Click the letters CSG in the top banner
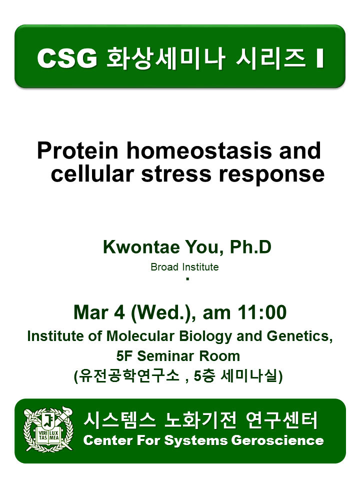click(67, 58)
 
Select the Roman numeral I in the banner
click(320, 58)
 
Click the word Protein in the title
click(78, 150)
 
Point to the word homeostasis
click(199, 150)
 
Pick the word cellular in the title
click(92, 174)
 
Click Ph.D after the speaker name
click(250, 246)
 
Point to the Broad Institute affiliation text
click(184, 267)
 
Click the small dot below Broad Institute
click(187, 278)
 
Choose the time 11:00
click(261, 312)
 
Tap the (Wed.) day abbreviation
click(161, 313)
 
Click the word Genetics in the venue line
click(299, 336)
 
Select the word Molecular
click(140, 336)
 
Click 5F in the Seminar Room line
click(125, 356)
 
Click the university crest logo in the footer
click(48, 429)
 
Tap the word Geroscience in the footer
click(277, 440)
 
